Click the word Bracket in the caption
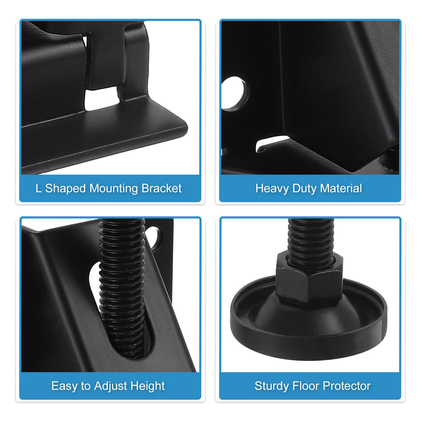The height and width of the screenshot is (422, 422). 161,188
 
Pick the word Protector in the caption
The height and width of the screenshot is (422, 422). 347,386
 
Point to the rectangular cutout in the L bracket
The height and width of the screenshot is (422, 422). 101,98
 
